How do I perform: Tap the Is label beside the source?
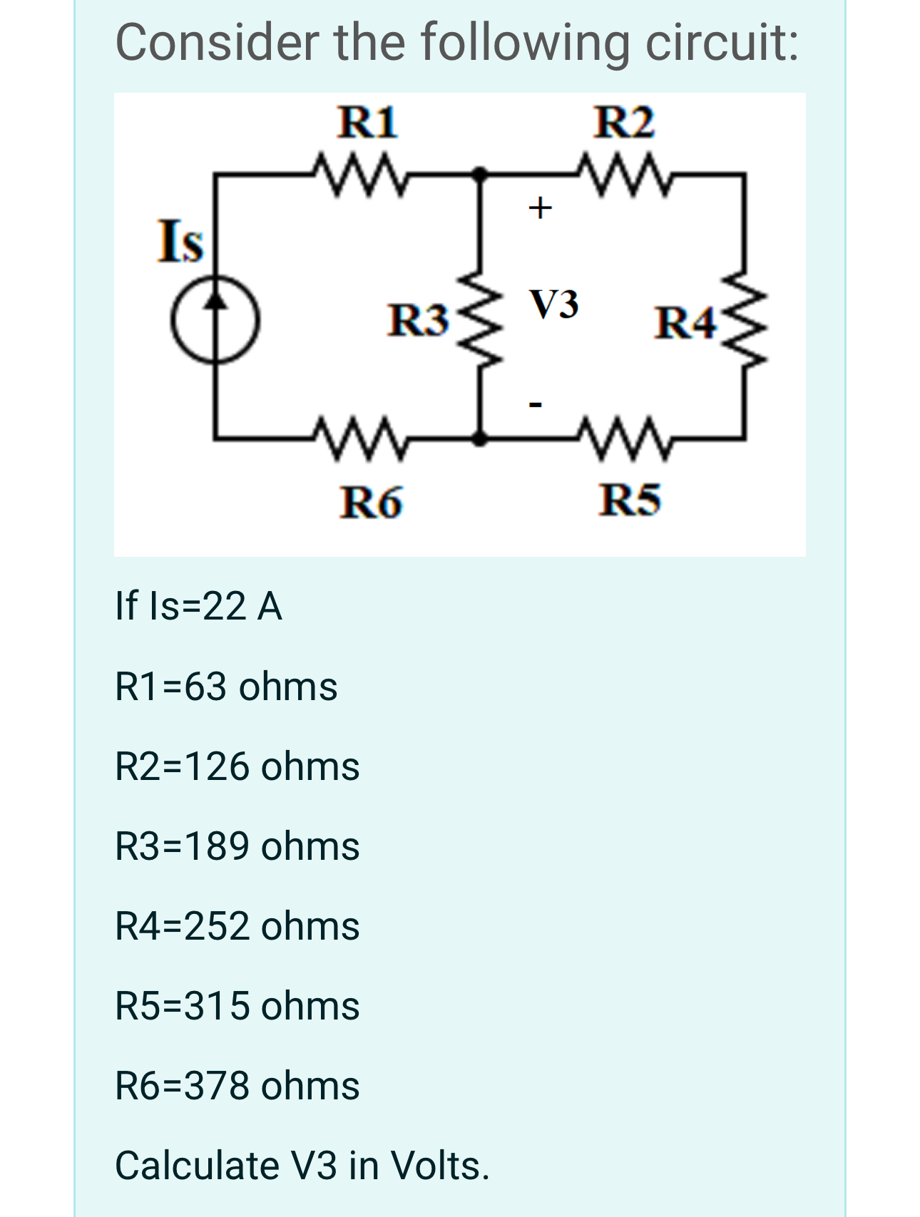pos(180,241)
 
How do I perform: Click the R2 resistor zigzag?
pos(625,172)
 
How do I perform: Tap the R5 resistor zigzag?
pos(625,437)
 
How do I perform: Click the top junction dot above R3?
pos(481,173)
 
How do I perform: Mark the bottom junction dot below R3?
pos(481,438)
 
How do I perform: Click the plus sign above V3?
pos(540,207)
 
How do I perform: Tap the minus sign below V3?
pos(536,405)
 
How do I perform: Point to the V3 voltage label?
pos(553,304)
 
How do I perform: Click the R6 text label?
pos(371,502)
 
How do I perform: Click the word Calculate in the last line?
pos(198,1166)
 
